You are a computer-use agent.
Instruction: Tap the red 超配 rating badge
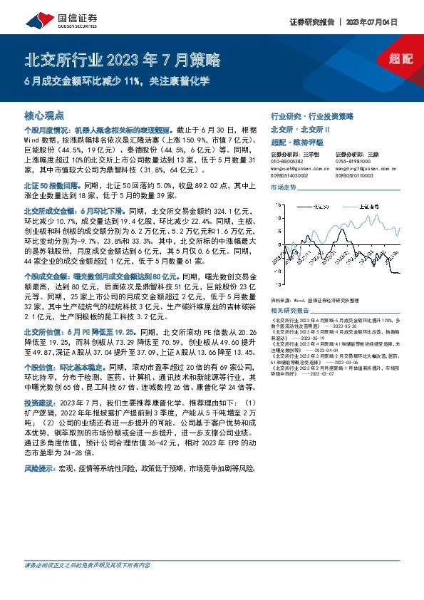coord(401,58)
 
